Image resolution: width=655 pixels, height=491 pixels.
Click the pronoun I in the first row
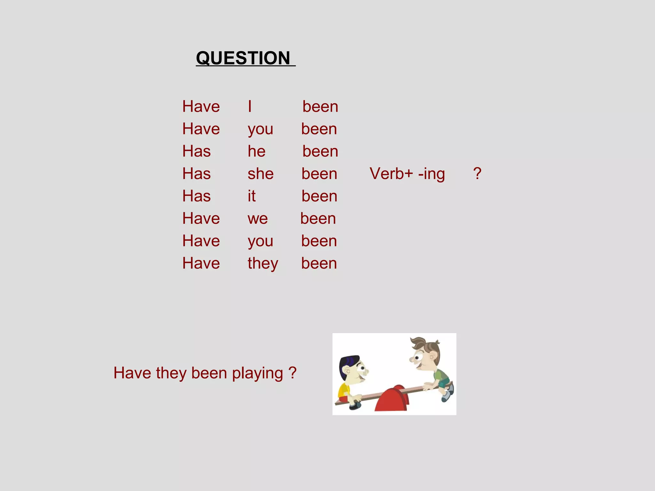tap(250, 106)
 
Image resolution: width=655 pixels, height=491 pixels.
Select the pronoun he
tap(256, 151)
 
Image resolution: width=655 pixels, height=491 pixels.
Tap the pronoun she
tap(260, 174)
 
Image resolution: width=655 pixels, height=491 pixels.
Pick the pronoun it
tap(251, 196)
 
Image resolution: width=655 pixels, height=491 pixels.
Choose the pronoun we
tap(257, 219)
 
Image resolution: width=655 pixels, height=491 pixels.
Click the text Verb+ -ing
tap(407, 174)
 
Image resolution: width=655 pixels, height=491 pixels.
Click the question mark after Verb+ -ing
tap(477, 174)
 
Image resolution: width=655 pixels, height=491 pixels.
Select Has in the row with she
tap(196, 174)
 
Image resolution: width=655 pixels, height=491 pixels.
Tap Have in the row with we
tap(201, 219)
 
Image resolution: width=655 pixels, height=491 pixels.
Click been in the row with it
tap(319, 196)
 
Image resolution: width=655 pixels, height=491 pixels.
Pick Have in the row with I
tap(201, 106)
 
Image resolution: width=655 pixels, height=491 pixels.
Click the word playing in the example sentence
tap(257, 373)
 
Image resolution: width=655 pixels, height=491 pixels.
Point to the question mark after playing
tap(292, 373)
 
